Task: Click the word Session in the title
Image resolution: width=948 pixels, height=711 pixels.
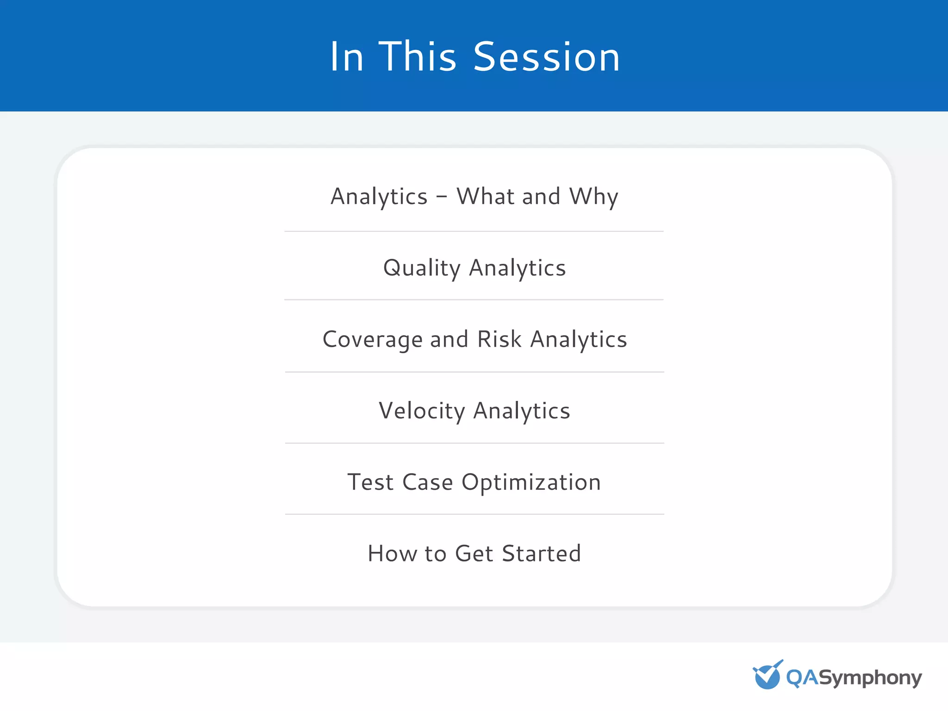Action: tap(546, 56)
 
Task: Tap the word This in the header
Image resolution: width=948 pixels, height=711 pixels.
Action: tap(418, 56)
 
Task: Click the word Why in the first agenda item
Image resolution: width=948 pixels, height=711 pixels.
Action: tap(594, 197)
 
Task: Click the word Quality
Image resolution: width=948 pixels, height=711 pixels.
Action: tap(422, 268)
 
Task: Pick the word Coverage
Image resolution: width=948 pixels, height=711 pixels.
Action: tap(372, 340)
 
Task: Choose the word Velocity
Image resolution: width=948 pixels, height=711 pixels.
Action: tap(422, 411)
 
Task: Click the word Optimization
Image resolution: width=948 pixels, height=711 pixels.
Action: tap(531, 483)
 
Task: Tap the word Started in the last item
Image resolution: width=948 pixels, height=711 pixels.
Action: tap(541, 554)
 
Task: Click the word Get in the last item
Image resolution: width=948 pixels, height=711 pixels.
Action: tap(474, 554)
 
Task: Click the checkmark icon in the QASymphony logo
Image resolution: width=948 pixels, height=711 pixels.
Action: tap(767, 675)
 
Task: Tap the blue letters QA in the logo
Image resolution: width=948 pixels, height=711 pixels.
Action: tap(802, 678)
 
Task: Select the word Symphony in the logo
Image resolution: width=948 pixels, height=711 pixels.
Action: tap(870, 679)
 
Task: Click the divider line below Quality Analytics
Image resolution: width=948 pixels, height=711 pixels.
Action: tap(474, 300)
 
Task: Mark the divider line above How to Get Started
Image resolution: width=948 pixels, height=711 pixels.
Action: tap(474, 514)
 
